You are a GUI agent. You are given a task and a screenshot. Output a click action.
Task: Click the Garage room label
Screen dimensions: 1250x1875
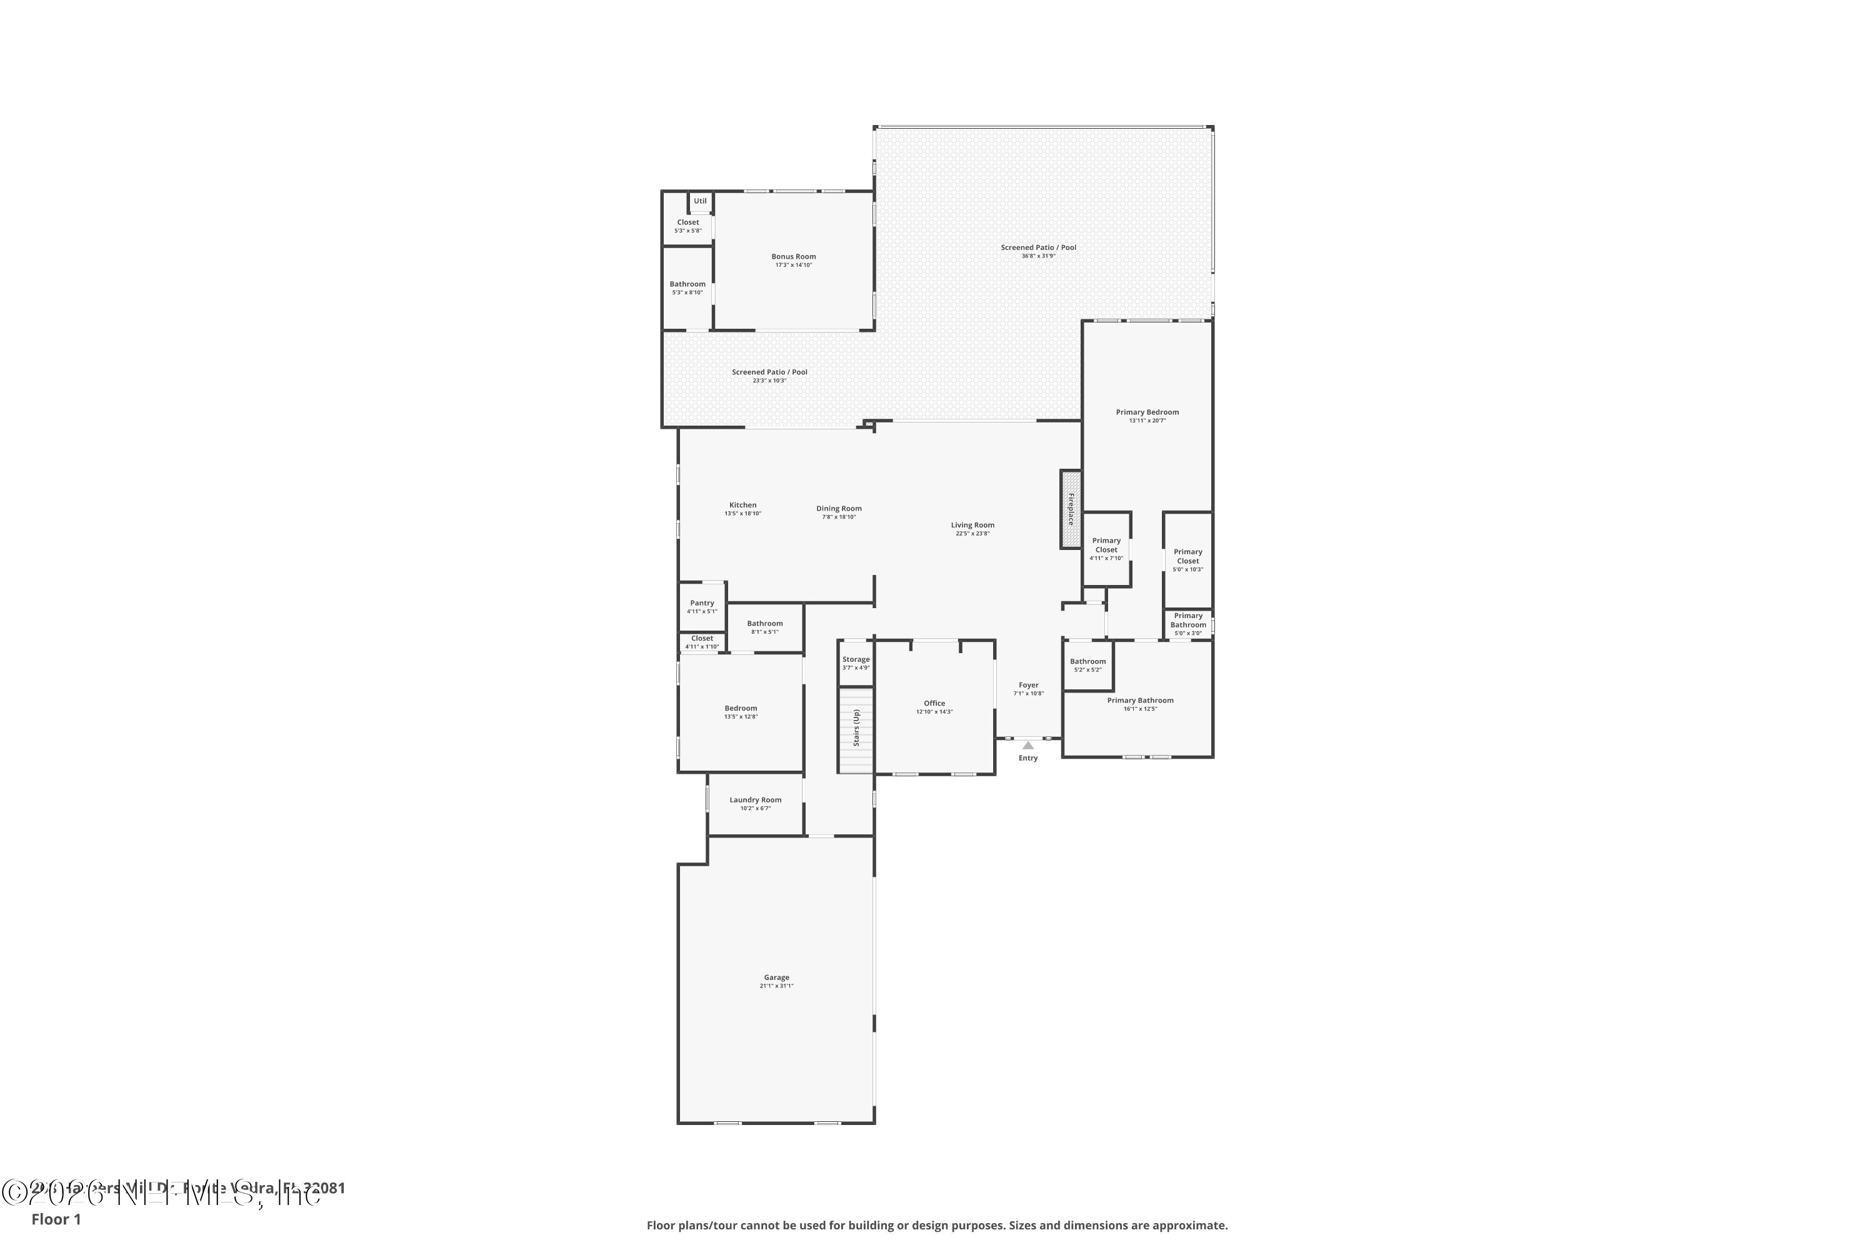pyautogui.click(x=776, y=977)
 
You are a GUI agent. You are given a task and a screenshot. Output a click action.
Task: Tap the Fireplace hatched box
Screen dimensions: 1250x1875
pyautogui.click(x=1070, y=509)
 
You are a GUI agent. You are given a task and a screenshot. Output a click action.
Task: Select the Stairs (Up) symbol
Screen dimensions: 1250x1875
pyautogui.click(x=856, y=729)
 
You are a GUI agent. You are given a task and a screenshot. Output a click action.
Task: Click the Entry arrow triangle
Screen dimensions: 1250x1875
pyautogui.click(x=1027, y=746)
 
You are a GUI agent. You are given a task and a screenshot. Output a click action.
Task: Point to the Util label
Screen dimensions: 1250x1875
pyautogui.click(x=699, y=201)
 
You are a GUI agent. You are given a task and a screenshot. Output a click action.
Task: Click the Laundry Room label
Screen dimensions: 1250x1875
pyautogui.click(x=755, y=799)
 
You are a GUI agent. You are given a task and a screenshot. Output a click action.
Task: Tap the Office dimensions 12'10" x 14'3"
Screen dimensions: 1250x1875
pyautogui.click(x=934, y=712)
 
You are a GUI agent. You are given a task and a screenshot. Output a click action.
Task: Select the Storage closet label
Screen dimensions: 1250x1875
pyautogui.click(x=856, y=659)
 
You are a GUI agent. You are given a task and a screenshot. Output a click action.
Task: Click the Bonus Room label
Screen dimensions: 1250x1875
pyautogui.click(x=793, y=257)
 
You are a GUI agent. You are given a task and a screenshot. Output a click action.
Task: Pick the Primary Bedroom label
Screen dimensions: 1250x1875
pyautogui.click(x=1146, y=412)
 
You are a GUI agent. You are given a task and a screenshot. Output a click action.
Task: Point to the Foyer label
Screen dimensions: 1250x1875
pyautogui.click(x=1028, y=685)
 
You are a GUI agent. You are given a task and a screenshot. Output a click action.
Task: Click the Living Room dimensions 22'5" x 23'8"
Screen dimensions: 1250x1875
pyautogui.click(x=972, y=533)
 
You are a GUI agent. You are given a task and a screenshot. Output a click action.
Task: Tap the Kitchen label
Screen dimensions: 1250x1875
pyautogui.click(x=742, y=504)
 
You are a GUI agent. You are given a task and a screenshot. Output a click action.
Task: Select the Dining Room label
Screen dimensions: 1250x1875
pyautogui.click(x=839, y=509)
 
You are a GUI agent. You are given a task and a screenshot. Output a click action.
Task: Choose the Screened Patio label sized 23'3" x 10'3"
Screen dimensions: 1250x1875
pyautogui.click(x=769, y=372)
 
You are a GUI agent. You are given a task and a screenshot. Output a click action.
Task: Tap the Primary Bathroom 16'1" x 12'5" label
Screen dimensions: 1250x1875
pyautogui.click(x=1140, y=701)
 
